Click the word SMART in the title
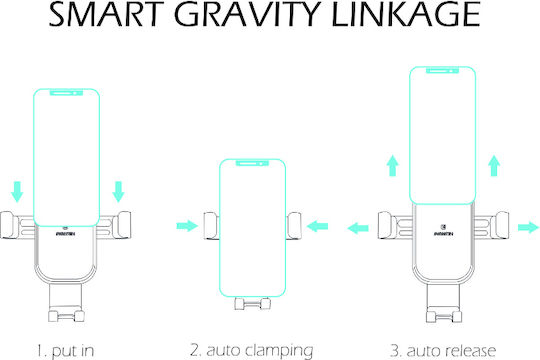coord(106,14)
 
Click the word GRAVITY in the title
coord(247,14)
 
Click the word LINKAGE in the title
coord(406,14)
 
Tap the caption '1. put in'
coord(65,351)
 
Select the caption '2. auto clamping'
coord(252,351)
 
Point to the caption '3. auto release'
coord(443,351)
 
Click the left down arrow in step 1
coord(17,192)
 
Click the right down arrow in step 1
coord(118,192)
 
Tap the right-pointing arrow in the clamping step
coord(187,226)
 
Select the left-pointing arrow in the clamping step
coord(317,226)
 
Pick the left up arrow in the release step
coord(393,166)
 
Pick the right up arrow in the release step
coord(494,166)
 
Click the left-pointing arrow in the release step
coord(358,228)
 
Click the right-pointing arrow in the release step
coord(528,227)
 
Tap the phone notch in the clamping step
coord(252,163)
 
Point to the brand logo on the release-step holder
coord(443,231)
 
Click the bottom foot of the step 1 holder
coord(66,316)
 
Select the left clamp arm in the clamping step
coord(211,226)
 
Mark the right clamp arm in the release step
coord(491,225)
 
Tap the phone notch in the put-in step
coord(66,93)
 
